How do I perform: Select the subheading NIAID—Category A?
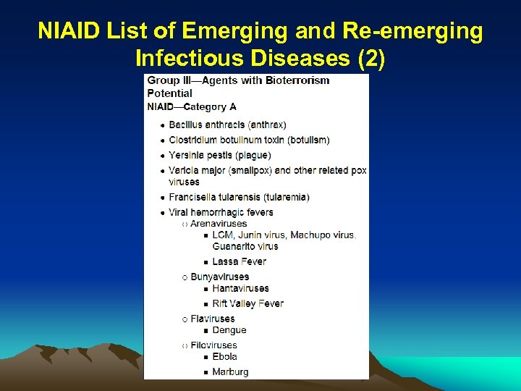click(192, 107)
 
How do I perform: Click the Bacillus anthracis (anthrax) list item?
click(227, 125)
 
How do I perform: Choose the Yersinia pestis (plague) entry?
click(219, 155)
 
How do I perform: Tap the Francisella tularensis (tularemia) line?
click(239, 197)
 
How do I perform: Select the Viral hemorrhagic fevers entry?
click(221, 212)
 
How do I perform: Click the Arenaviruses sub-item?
click(219, 224)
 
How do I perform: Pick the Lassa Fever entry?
click(239, 261)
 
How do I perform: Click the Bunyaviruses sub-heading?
click(219, 277)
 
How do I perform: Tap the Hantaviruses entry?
click(240, 288)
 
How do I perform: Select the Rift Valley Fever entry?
click(247, 303)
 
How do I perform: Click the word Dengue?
click(229, 330)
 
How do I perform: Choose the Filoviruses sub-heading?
click(213, 345)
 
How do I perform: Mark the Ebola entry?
click(225, 356)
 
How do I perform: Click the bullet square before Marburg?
click(206, 373)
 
